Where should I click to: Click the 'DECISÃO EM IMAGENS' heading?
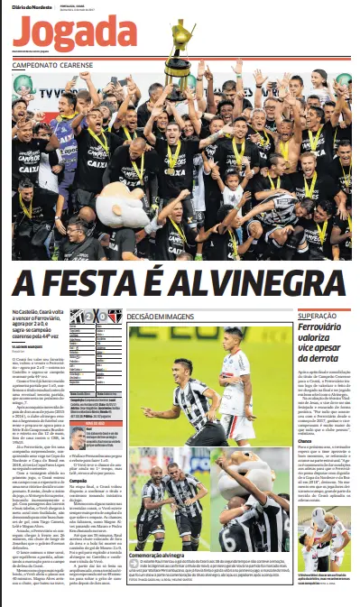tap(162, 317)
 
